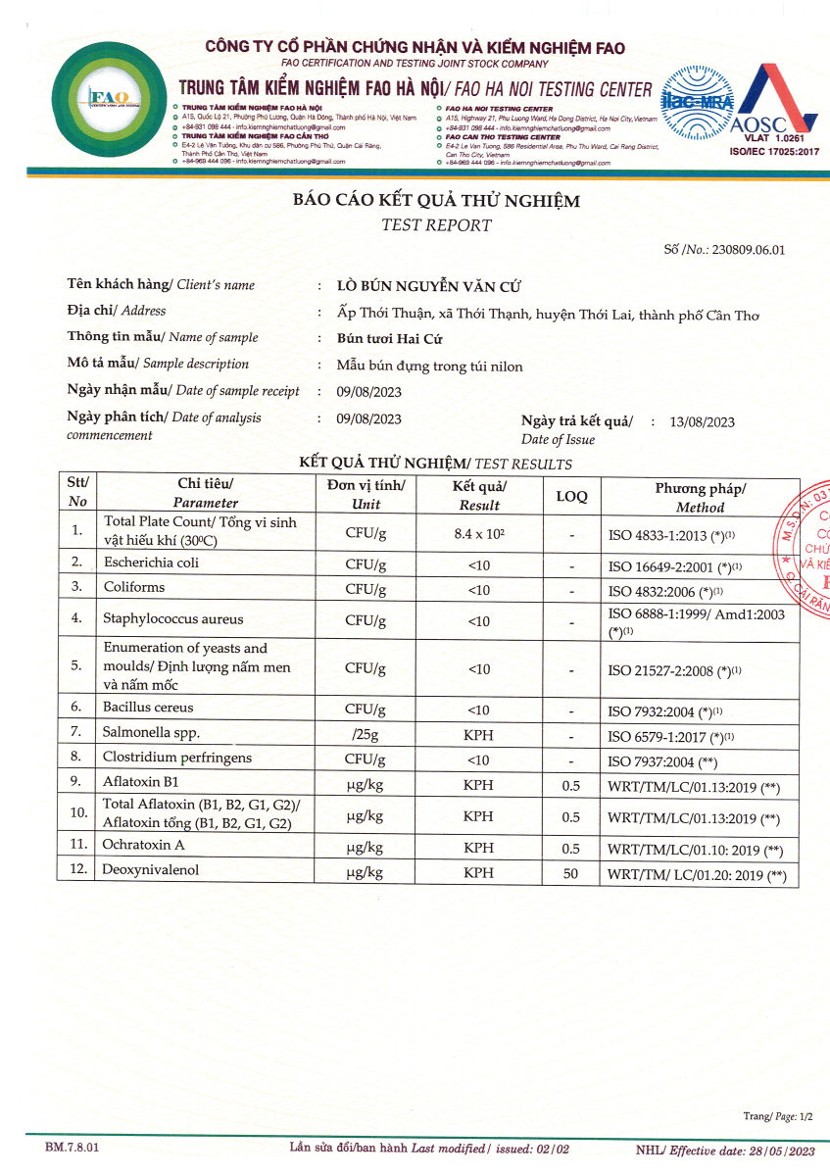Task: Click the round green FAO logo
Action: pos(102,97)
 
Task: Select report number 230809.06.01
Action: pos(749,250)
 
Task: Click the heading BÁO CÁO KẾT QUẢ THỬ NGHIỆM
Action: pos(436,202)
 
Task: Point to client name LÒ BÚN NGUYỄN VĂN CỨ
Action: pos(428,286)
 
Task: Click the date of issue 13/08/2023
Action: pos(702,422)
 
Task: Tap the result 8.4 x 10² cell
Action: pos(478,533)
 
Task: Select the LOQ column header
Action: pos(571,496)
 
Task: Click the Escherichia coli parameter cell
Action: pos(151,563)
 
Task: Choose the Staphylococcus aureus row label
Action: pos(172,619)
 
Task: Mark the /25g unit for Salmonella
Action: pos(366,734)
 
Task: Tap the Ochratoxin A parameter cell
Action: pos(143,844)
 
